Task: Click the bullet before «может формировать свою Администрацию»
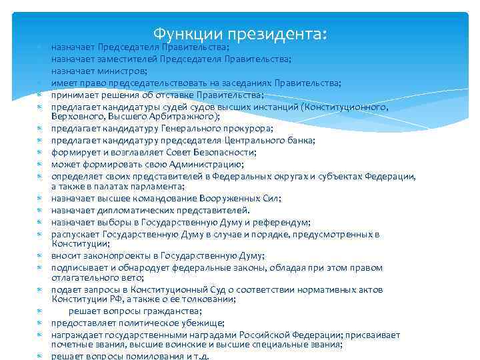click(x=40, y=164)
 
